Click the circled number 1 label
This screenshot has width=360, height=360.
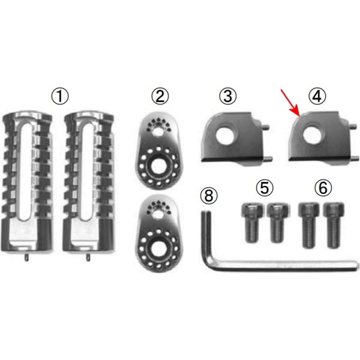(x=59, y=97)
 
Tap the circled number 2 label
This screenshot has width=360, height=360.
(x=160, y=97)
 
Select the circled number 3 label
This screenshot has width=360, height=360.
(x=228, y=97)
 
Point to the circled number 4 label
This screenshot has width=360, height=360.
(x=317, y=97)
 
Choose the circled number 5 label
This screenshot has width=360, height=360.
(x=265, y=188)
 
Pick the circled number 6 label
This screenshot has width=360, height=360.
(x=323, y=188)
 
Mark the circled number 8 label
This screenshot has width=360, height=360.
(x=209, y=196)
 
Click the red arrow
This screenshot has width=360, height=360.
(x=290, y=103)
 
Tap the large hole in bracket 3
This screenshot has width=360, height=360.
(x=225, y=134)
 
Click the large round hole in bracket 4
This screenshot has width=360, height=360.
(x=312, y=134)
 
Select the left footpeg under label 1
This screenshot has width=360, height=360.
(x=27, y=182)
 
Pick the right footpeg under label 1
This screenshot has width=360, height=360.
(x=89, y=182)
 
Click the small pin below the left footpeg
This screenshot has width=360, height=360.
(x=26, y=257)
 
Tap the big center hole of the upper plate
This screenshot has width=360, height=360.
(x=158, y=166)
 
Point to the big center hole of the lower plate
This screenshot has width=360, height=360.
(x=158, y=249)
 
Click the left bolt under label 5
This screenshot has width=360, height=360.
(x=252, y=223)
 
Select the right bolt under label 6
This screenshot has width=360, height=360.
(x=334, y=225)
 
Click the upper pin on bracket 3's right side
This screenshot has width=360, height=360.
(x=266, y=127)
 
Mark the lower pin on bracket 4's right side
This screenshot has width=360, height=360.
(x=355, y=158)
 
